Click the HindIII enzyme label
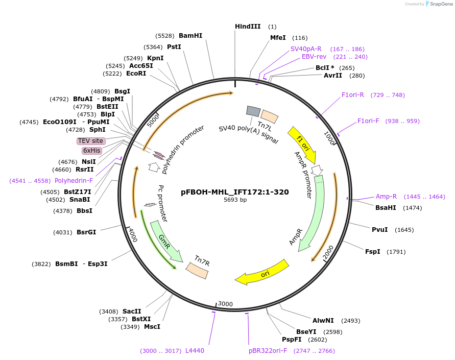tap(248, 27)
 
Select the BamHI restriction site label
tap(190, 36)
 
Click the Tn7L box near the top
tap(270, 116)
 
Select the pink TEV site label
tap(91, 141)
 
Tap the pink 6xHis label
tap(92, 151)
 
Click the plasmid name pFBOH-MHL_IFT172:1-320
tap(235, 193)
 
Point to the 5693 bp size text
tap(235, 200)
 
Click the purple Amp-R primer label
tap(386, 197)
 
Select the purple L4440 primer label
tap(195, 351)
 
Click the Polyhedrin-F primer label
tap(74, 181)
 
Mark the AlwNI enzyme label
tap(323, 321)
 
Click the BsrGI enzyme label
tap(86, 232)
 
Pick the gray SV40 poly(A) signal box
tap(253, 111)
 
